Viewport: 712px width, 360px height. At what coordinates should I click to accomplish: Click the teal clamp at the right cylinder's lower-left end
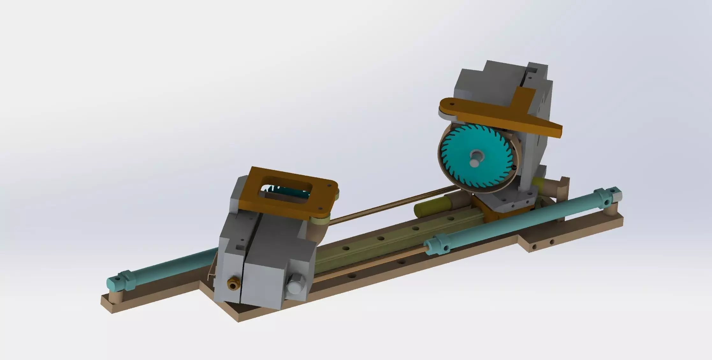click(438, 245)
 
